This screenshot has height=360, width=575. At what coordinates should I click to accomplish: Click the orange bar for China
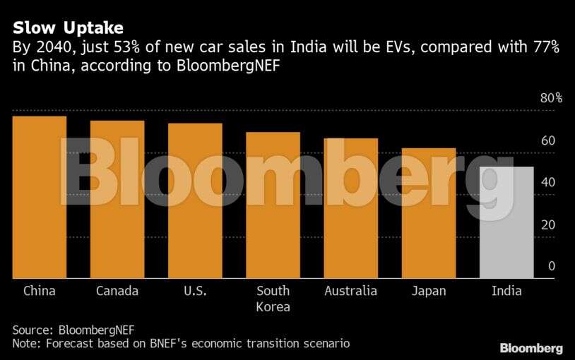40,197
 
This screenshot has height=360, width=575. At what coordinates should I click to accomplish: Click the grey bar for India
506,222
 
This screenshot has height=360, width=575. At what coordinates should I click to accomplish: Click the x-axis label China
40,291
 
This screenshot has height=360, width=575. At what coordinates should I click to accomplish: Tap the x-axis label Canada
117,291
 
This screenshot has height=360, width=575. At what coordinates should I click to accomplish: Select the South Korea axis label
273,299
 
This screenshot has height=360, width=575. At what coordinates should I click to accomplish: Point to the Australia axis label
350,291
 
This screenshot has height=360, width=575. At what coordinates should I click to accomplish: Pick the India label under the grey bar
506,291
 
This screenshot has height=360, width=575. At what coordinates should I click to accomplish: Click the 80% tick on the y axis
551,98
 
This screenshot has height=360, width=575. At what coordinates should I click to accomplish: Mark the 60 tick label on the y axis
548,140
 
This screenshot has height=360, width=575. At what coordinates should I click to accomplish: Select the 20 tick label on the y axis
548,225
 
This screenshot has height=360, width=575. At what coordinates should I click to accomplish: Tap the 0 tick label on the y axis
552,267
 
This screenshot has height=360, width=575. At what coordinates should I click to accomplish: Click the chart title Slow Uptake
68,28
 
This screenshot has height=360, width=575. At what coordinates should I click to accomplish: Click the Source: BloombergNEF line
73,330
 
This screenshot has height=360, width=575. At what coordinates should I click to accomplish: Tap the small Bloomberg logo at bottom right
531,348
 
